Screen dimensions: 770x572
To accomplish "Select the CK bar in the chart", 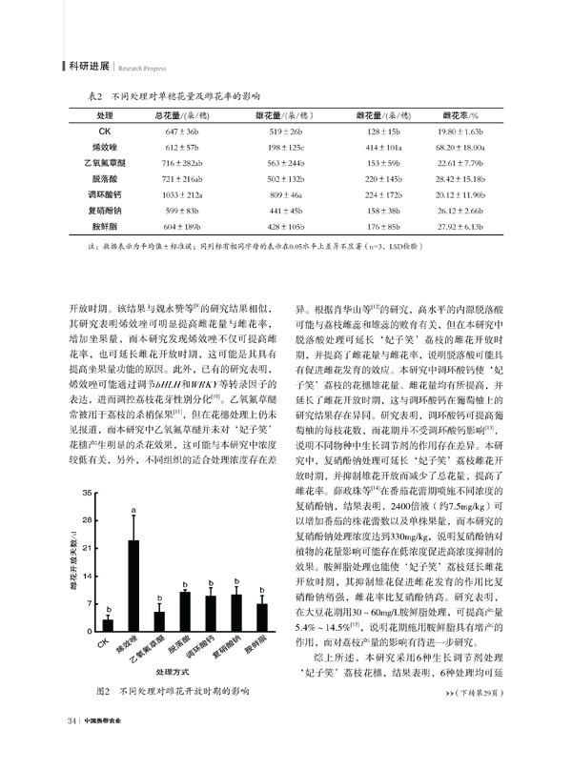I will (x=109, y=625).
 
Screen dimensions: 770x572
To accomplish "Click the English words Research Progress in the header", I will (x=143, y=68).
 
